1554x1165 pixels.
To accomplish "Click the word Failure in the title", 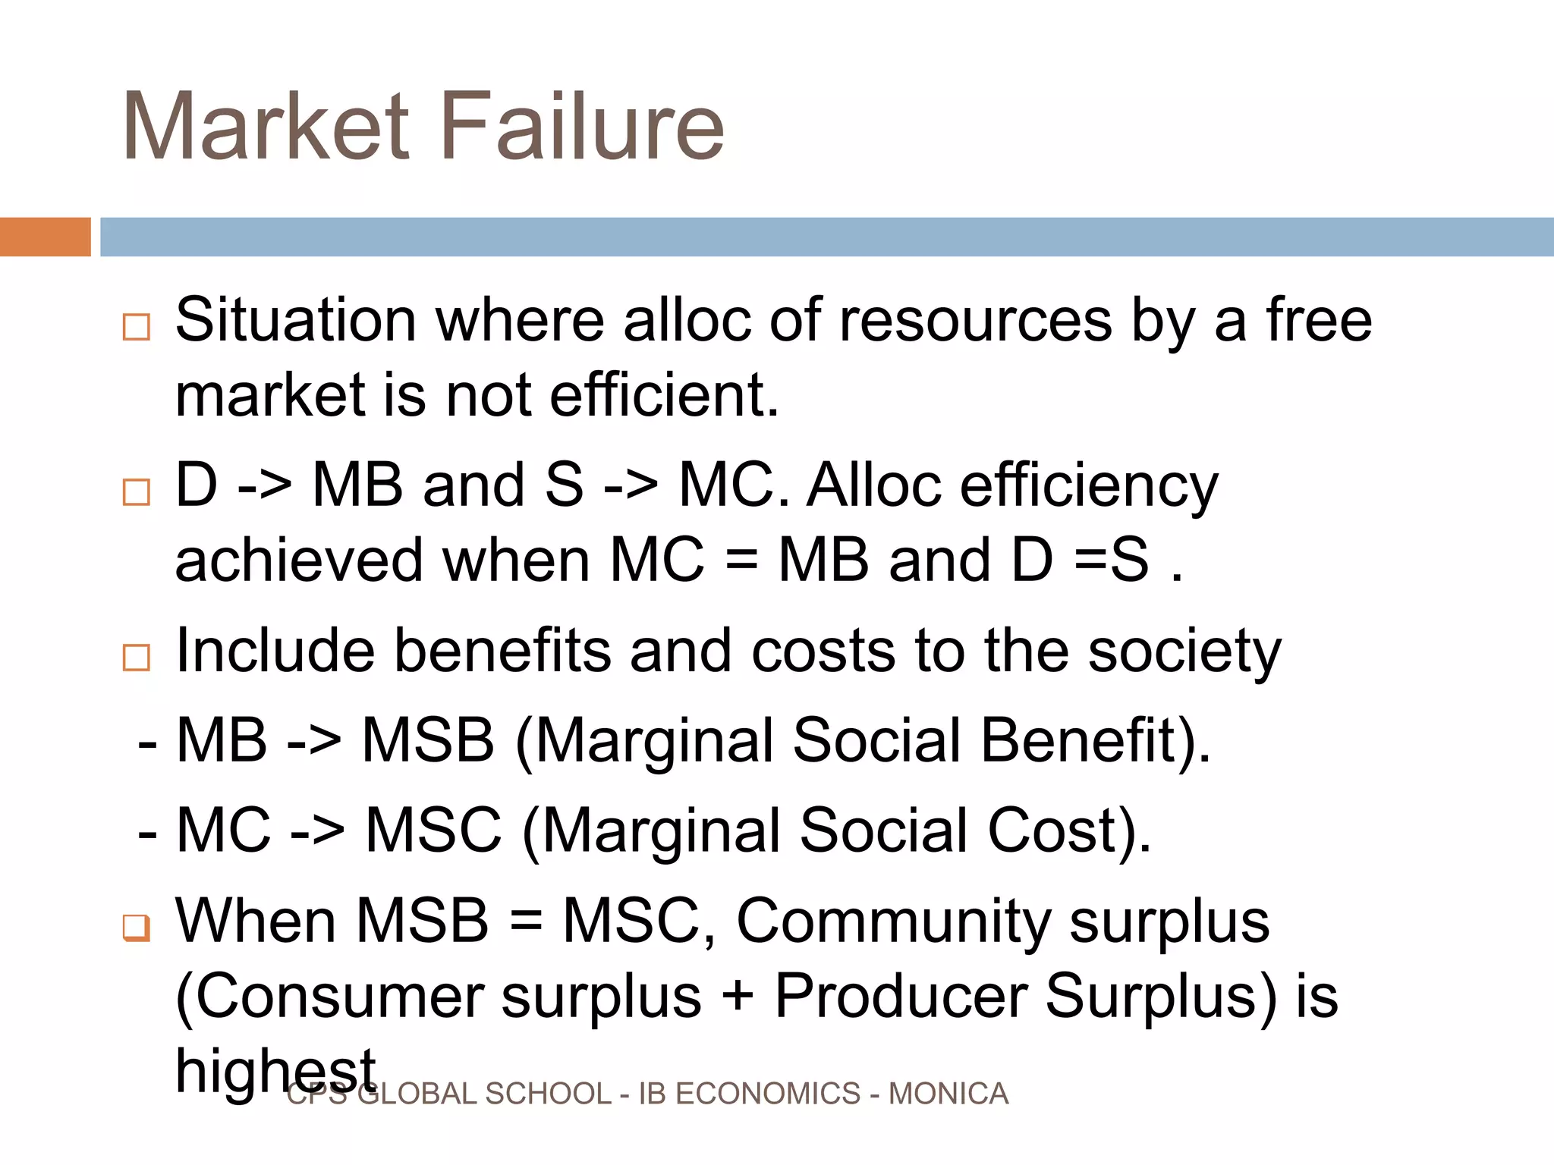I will point(582,127).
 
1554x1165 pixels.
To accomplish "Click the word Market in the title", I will point(266,127).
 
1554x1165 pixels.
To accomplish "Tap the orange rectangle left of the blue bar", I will point(45,237).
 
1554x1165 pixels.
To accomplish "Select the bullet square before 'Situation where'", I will point(137,327).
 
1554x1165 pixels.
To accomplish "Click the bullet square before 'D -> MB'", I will point(137,492).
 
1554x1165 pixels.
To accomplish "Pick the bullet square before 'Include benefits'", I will point(137,658).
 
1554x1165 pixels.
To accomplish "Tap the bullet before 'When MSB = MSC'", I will point(137,927).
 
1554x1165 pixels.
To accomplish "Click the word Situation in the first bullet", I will point(296,320).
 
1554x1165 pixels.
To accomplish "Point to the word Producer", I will point(901,996).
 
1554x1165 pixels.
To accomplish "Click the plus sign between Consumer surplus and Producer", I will point(738,996).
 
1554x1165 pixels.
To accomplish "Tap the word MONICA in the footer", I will point(948,1094).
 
